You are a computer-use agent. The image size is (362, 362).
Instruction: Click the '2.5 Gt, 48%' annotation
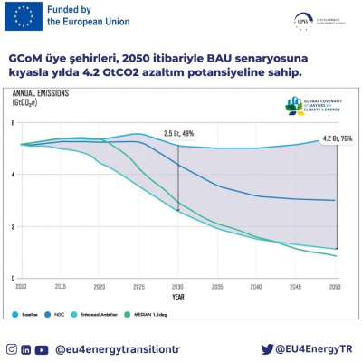click(x=179, y=132)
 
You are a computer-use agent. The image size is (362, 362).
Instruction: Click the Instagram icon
click(x=11, y=348)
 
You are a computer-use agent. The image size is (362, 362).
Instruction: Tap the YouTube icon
click(x=42, y=348)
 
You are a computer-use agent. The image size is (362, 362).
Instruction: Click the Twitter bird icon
click(x=267, y=348)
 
